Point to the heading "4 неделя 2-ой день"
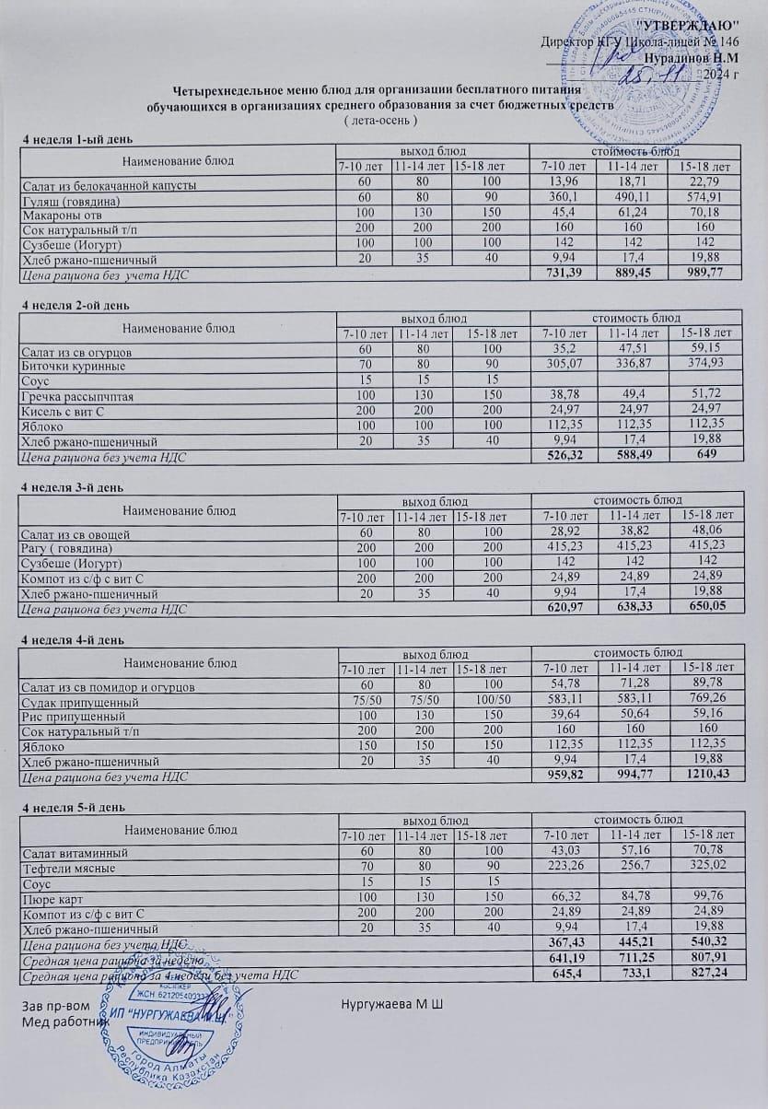76,305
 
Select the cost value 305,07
563,365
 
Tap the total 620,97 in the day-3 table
564,609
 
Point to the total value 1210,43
708,776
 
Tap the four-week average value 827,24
708,975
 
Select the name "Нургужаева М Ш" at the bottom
392,1001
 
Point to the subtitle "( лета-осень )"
380,121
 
